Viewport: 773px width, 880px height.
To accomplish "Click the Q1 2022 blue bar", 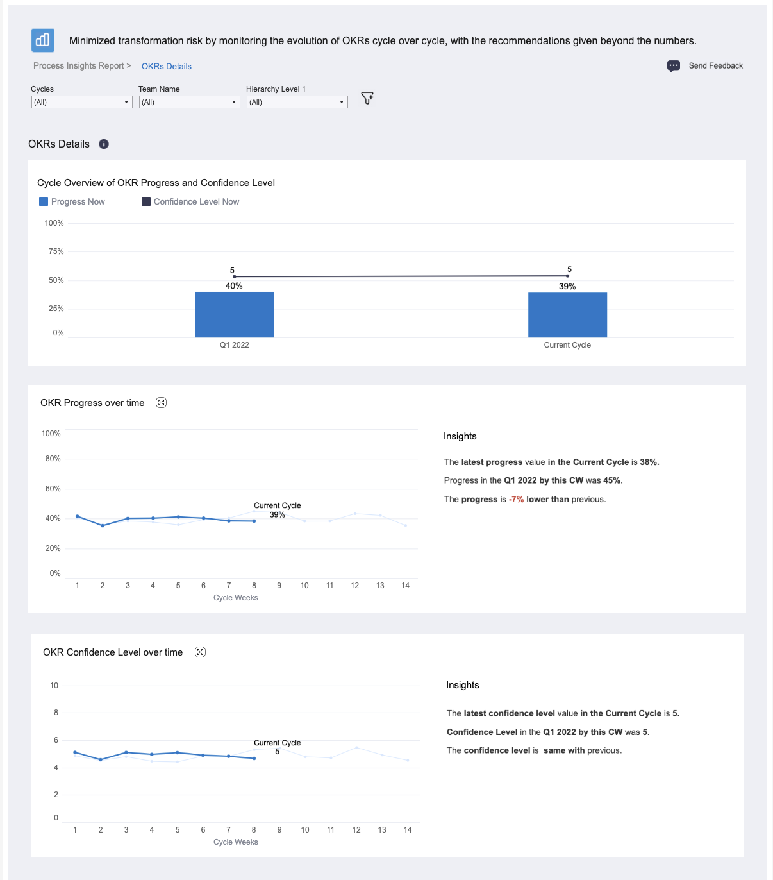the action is click(234, 314).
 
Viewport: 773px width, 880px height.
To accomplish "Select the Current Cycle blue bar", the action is click(567, 315).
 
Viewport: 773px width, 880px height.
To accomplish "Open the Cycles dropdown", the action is click(81, 102).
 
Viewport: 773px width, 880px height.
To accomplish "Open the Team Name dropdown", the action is click(189, 102).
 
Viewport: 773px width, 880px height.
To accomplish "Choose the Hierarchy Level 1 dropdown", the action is click(297, 102).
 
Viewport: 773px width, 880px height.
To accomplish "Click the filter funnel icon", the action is click(367, 97).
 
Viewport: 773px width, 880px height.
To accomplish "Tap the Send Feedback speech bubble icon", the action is click(673, 66).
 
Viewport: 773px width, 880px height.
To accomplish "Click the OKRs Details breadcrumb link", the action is click(166, 67).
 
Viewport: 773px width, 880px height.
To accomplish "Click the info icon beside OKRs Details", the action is click(104, 144).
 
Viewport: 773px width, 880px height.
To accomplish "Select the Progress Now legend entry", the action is click(72, 201).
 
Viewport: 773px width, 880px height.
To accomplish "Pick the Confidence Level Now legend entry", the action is click(190, 201).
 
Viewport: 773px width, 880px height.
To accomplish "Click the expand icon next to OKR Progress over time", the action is click(161, 403).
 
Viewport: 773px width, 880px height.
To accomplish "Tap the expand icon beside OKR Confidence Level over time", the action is click(200, 652).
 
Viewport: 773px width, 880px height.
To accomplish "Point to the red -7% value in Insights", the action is click(516, 500).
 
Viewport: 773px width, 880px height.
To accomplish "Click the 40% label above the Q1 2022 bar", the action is click(234, 286).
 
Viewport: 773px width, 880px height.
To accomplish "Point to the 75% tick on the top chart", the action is click(56, 251).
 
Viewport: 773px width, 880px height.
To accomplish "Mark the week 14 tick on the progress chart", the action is click(405, 586).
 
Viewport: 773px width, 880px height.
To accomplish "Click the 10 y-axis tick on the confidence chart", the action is click(54, 686).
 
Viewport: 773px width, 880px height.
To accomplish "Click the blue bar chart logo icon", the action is click(42, 40).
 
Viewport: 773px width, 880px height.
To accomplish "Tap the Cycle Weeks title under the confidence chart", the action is click(236, 842).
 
